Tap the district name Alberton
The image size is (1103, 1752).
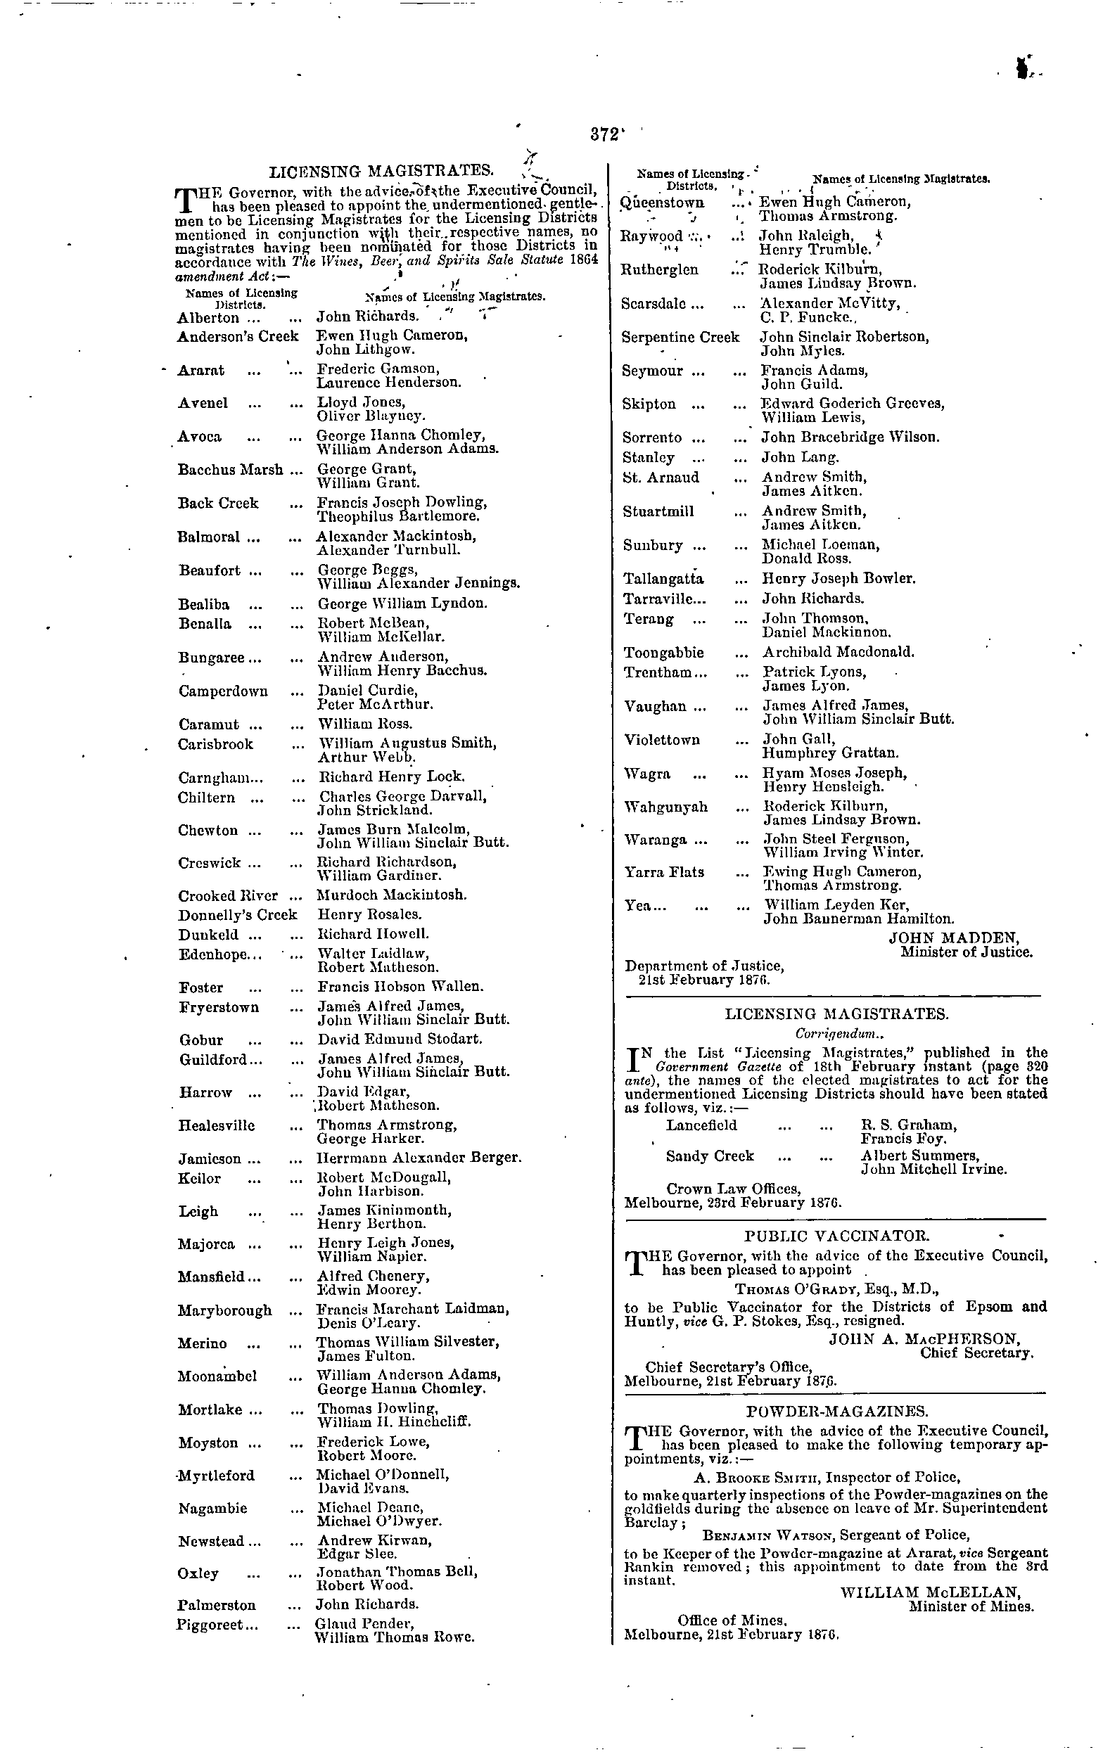(x=208, y=318)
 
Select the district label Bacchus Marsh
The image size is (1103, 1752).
(x=230, y=470)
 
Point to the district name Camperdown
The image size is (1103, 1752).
(x=222, y=691)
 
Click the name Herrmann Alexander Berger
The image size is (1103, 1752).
(x=419, y=1158)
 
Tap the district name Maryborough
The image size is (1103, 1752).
(x=225, y=1311)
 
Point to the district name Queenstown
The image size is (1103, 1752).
(x=662, y=203)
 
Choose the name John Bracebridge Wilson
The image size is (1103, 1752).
(x=850, y=437)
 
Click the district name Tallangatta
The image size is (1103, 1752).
(x=663, y=579)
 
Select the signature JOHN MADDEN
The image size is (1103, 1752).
(x=954, y=938)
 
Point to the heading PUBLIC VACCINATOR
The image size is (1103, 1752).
(x=836, y=1236)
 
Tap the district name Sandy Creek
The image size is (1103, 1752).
(x=709, y=1156)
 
